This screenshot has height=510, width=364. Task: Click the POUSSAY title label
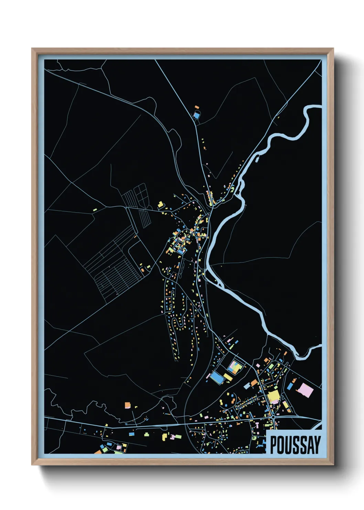coord(295,445)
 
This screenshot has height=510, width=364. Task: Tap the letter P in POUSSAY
coord(274,445)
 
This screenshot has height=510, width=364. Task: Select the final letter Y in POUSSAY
coord(316,445)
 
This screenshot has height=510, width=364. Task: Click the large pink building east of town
coord(305,390)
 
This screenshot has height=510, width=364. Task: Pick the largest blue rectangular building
coord(217,377)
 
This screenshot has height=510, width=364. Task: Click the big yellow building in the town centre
coord(274,396)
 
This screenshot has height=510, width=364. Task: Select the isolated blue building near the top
coord(196,115)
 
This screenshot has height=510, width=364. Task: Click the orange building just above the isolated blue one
coord(197,108)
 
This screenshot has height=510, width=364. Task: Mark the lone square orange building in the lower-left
coord(128,405)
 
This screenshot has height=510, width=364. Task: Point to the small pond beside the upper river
coord(257,159)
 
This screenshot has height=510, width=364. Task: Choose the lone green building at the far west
coord(95,209)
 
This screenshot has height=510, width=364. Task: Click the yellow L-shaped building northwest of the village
coord(160,205)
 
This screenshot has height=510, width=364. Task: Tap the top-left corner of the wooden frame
coord(32,49)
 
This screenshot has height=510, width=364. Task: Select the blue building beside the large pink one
coord(290,387)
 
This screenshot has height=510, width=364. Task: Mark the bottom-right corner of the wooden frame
coord(333,465)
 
